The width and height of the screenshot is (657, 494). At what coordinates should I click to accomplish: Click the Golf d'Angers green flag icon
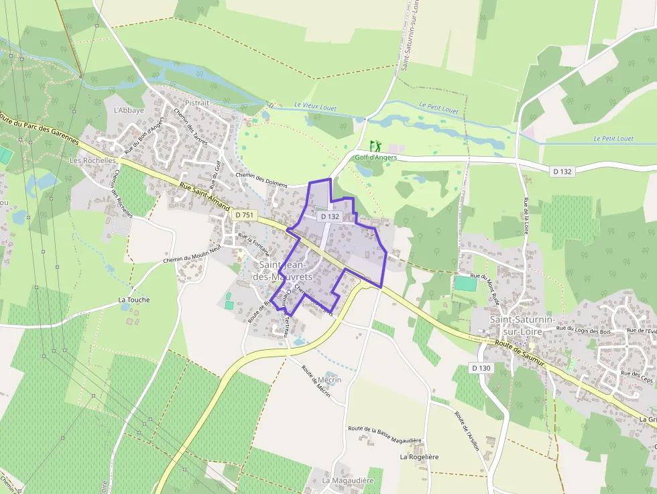(x=375, y=145)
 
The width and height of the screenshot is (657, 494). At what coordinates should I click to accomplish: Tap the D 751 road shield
(x=245, y=214)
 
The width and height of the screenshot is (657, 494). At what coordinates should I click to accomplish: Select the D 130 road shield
(x=481, y=368)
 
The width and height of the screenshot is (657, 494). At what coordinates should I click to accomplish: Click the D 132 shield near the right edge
(x=562, y=172)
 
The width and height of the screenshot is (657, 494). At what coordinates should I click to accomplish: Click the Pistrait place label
(x=197, y=103)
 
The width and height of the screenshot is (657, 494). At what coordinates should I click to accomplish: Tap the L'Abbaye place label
(x=129, y=111)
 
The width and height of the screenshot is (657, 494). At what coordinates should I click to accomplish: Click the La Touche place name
(x=133, y=300)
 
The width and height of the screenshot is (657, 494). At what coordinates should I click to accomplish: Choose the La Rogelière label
(x=419, y=456)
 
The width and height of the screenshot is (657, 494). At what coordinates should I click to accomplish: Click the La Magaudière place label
(x=347, y=481)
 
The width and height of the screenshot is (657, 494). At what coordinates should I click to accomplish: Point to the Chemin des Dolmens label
(x=261, y=180)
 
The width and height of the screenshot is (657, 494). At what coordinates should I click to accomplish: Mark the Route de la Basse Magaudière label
(x=385, y=434)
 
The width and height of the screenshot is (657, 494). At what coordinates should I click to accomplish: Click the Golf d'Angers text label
(x=376, y=158)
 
